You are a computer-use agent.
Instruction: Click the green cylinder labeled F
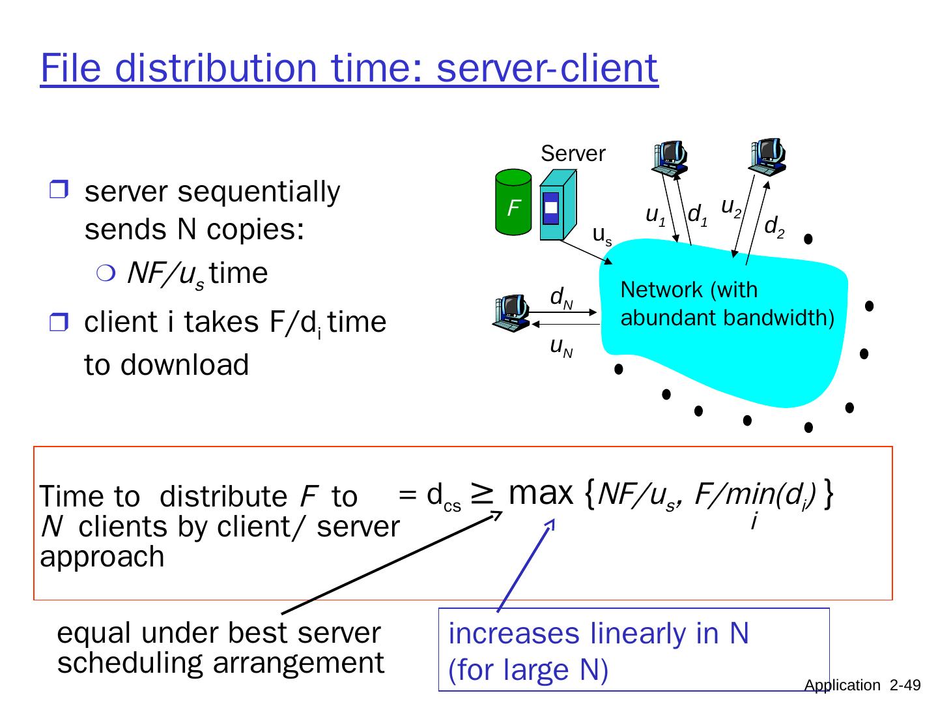tap(513, 202)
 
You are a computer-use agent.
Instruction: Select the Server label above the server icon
tap(573, 154)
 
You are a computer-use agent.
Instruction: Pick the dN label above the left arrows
tap(561, 297)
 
